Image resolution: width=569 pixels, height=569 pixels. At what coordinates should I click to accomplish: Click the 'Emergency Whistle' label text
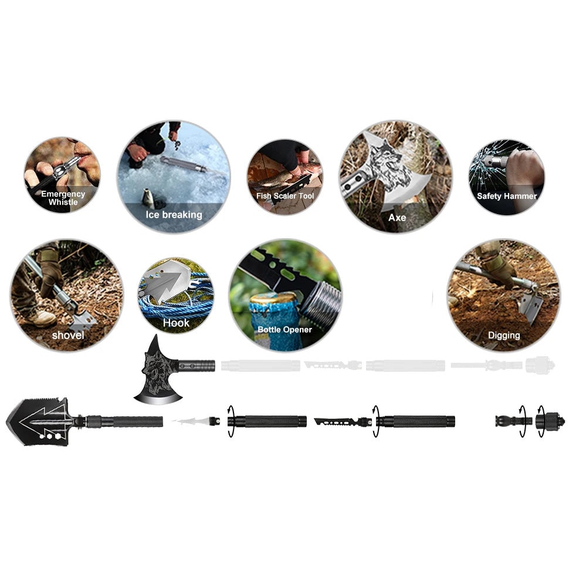pos(63,198)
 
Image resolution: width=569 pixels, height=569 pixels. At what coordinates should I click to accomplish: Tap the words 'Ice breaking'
pos(174,215)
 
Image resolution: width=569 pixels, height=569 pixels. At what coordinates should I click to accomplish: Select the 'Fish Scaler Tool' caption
pos(285,196)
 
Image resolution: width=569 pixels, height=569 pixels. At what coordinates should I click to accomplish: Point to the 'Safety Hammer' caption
pos(507,197)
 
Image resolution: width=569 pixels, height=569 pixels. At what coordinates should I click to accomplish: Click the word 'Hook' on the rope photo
pos(176,323)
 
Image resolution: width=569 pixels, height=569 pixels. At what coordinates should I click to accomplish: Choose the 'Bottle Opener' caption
pos(285,330)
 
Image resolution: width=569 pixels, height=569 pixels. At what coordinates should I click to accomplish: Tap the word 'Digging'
pos(504,336)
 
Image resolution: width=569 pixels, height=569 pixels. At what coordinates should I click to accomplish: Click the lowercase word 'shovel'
pos(68,335)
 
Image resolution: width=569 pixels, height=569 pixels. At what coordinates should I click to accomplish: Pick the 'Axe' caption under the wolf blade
pos(397,218)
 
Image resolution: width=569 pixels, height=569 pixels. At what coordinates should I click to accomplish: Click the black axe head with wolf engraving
pos(158,374)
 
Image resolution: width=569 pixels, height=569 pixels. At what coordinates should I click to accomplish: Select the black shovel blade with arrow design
pos(38,422)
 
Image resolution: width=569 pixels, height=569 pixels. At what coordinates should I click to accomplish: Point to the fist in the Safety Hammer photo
pos(524,171)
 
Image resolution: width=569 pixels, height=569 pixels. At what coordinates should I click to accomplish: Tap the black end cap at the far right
pos(550,421)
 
